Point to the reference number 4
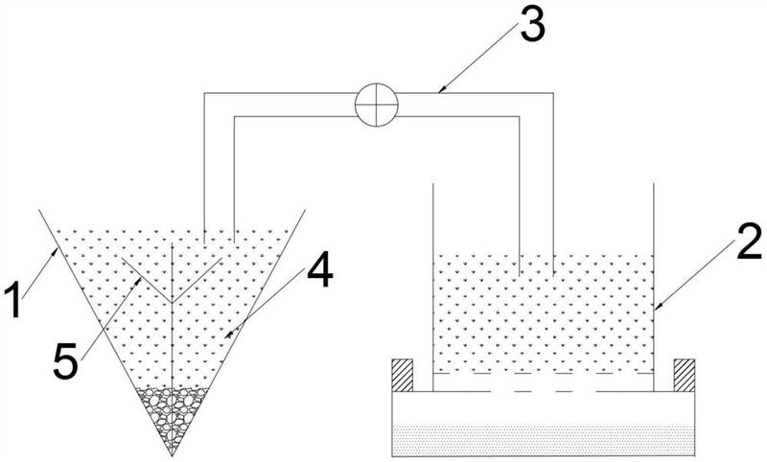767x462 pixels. [x=319, y=274]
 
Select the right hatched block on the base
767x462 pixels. [x=684, y=375]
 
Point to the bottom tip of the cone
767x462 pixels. [x=173, y=454]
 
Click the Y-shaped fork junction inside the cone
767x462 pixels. [x=172, y=302]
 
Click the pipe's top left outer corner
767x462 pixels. [x=204, y=93]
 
